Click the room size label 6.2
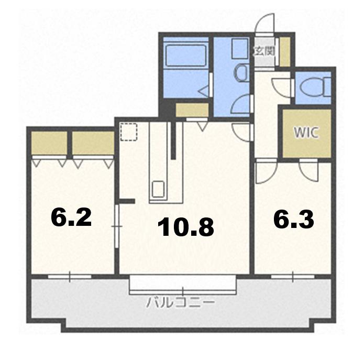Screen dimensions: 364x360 coord(71,217)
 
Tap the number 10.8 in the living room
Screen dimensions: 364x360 coord(185,227)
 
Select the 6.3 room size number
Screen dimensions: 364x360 coord(294,220)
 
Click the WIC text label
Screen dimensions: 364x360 coord(306,133)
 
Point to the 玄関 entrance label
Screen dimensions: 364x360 coord(264,51)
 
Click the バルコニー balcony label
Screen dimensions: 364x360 coord(180,303)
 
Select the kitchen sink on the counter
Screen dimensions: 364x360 coord(158,189)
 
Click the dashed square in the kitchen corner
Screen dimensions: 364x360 coord(129,132)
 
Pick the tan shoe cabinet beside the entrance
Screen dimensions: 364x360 coord(284,52)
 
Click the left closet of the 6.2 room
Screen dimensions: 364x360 coord(49,143)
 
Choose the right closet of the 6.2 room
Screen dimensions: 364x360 coord(93,143)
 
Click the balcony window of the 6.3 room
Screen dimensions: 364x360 coord(292,277)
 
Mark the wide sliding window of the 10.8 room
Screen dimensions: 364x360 coord(183,284)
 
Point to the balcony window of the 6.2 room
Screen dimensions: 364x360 coord(70,277)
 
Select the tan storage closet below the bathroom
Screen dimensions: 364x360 coord(192,110)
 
